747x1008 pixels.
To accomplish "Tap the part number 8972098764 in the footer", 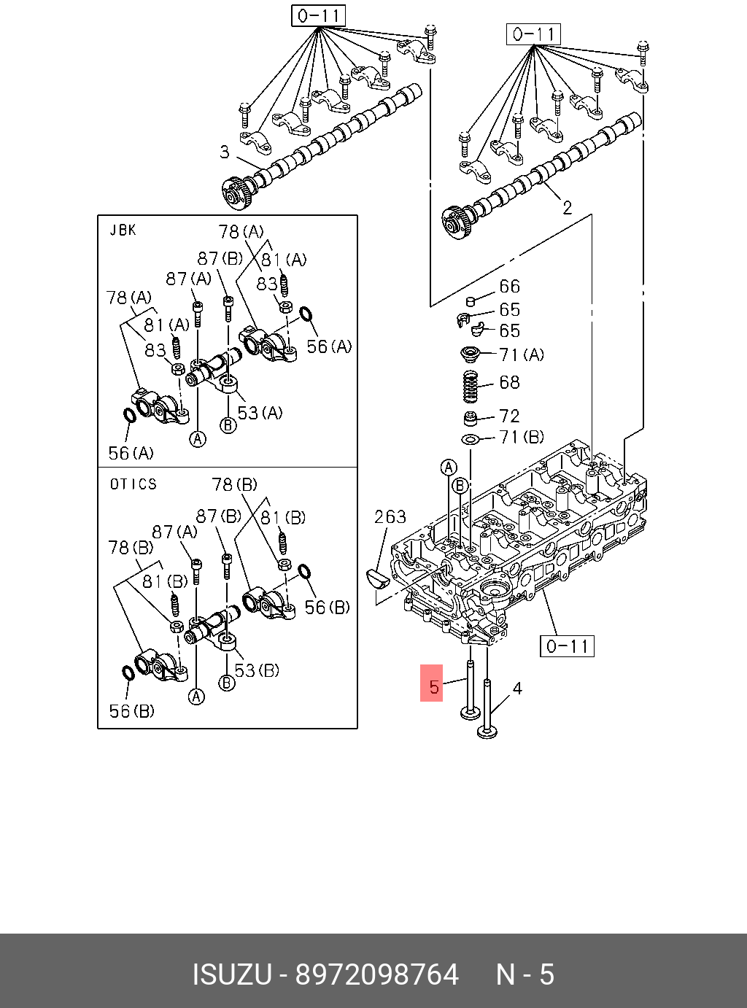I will pos(376,974).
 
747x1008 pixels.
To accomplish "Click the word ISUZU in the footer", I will pos(232,974).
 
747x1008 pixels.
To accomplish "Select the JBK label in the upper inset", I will pos(123,230).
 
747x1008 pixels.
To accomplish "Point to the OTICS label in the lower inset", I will pos(133,484).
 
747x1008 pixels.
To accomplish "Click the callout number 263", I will pos(390,517).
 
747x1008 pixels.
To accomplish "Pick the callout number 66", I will pos(509,287).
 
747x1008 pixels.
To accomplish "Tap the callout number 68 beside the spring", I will pos(509,382).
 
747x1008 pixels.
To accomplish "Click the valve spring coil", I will pos(471,385).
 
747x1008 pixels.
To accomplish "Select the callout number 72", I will pos(509,416).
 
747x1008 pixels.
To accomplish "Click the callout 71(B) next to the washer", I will pos(522,437).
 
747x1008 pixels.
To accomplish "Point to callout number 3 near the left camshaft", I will pos(225,152).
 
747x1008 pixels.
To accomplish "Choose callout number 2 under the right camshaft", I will pos(567,208).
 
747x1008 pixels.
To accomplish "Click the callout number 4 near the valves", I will pos(517,688).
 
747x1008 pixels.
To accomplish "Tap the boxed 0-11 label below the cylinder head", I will pos(567,646).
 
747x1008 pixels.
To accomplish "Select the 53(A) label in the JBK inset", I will pos(260,413).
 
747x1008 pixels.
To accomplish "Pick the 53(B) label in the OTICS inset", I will pos(256,670).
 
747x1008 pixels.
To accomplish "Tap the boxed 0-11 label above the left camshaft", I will pos(318,15).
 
